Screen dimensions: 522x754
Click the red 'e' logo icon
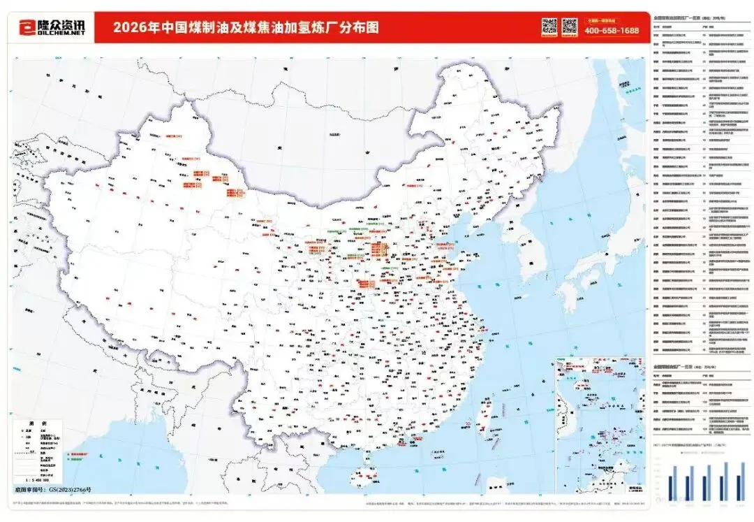(x=26, y=27)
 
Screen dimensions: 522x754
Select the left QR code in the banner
(x=549, y=27)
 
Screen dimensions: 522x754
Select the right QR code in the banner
(x=570, y=27)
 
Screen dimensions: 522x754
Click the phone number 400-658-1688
(x=612, y=31)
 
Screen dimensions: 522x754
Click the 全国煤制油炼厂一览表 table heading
(x=677, y=365)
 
